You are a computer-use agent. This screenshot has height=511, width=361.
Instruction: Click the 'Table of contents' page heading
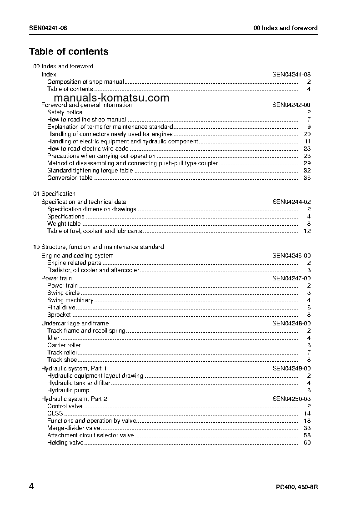(69, 51)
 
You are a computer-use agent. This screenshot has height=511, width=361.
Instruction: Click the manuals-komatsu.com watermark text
(111, 97)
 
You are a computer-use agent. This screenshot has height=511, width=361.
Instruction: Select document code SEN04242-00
(291, 105)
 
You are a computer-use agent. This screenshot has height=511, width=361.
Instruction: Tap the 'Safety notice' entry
(65, 112)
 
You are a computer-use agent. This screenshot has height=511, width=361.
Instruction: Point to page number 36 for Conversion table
(307, 178)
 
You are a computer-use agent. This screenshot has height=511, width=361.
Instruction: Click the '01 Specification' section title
(55, 193)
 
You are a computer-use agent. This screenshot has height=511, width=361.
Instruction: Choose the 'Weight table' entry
(64, 224)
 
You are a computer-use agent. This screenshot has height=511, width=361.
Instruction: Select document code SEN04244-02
(291, 202)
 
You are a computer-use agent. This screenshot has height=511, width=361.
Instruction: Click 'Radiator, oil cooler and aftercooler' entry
(93, 270)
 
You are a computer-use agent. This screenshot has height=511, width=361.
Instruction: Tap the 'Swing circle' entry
(64, 293)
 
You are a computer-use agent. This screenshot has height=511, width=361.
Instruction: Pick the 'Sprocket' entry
(59, 315)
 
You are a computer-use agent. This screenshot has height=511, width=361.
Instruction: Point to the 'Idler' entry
(53, 338)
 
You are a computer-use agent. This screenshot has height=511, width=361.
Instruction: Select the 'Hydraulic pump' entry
(69, 390)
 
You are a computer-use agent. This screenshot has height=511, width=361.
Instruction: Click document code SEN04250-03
(291, 399)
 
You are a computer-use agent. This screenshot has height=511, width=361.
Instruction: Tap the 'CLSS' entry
(55, 414)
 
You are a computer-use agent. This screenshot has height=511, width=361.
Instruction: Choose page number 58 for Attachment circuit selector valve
(307, 435)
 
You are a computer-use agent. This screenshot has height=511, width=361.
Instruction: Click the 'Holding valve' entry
(65, 443)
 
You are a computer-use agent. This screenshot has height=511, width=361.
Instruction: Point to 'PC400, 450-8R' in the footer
(297, 487)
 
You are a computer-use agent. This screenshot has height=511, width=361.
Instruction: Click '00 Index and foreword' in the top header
(286, 28)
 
